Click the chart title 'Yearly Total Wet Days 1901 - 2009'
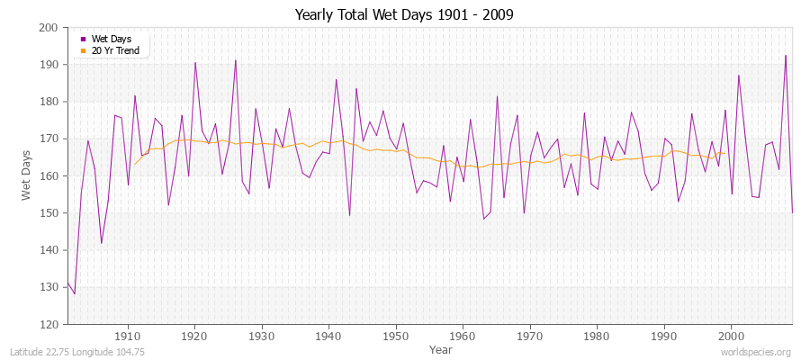[404, 15]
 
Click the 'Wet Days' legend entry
[111, 39]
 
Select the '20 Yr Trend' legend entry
[115, 50]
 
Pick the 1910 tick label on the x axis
[128, 336]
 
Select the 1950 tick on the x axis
[395, 336]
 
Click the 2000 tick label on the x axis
[730, 336]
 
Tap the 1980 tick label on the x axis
[596, 336]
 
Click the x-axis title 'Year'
[440, 349]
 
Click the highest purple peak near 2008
[785, 56]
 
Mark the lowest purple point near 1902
[75, 293]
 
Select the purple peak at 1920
[195, 62]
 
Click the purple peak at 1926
[236, 60]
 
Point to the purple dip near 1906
[102, 243]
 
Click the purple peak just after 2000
[738, 76]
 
